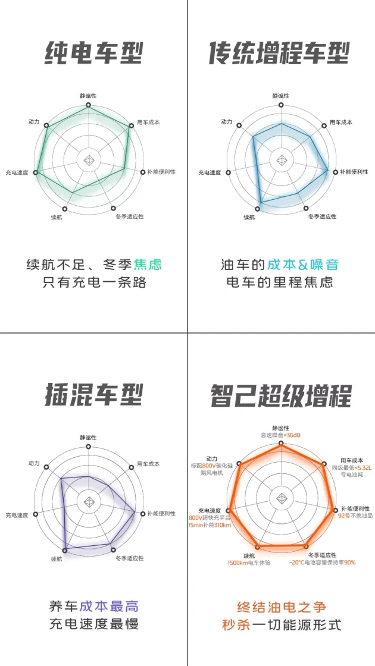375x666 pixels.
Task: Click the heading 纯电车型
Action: tap(93, 54)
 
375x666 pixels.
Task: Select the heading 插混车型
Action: tap(93, 395)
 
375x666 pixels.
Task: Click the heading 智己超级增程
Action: tap(280, 395)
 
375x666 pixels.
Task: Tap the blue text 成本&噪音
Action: tap(303, 265)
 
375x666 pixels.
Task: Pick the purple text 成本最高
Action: tap(109, 606)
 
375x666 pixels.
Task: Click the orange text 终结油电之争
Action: tap(282, 606)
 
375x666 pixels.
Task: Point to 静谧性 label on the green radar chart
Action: tap(88, 96)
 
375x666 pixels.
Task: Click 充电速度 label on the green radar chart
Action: tap(17, 173)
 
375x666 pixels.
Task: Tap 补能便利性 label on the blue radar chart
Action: tap(354, 172)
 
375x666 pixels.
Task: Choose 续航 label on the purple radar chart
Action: tap(57, 559)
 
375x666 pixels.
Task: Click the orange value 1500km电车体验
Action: tap(249, 563)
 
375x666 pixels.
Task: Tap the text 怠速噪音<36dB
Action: tap(280, 435)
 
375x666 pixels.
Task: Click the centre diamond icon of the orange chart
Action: tap(281, 499)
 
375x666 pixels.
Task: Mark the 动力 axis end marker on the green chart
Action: tap(47, 125)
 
